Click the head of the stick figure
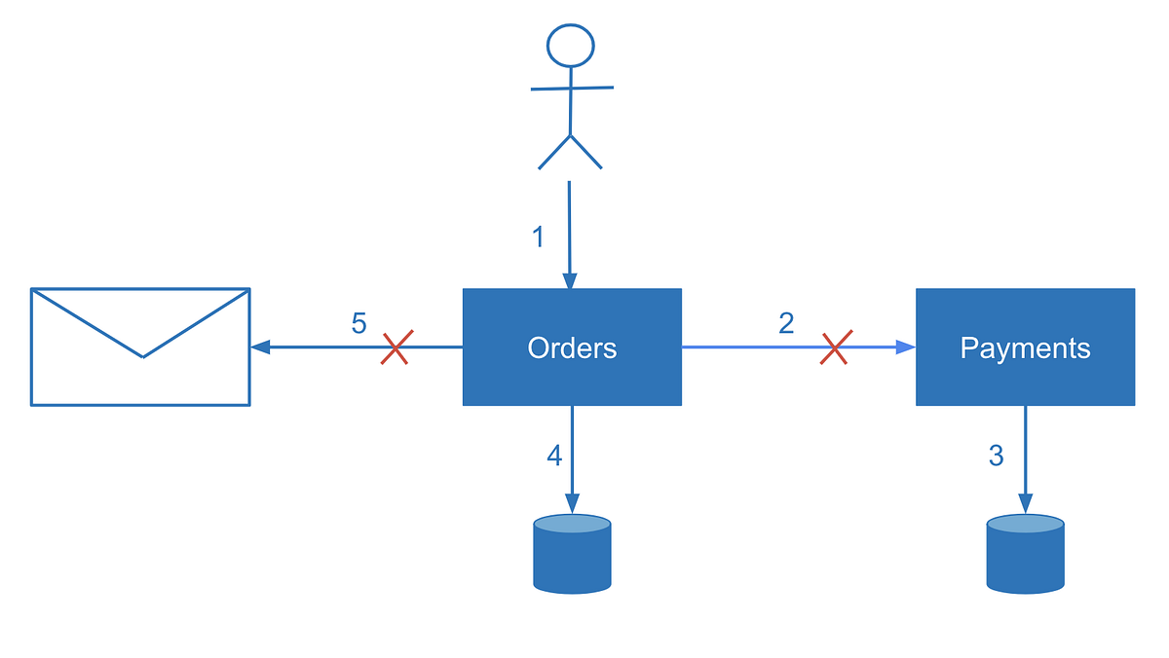coord(570,46)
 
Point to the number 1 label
coord(538,237)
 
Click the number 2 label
coord(786,322)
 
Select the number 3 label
coord(996,456)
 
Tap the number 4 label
coord(554,456)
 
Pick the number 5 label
coord(358,323)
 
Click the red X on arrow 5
coord(395,347)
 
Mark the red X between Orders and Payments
coord(836,347)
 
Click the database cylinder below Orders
coord(572,554)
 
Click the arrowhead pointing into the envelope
coord(260,347)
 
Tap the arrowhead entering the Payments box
coord(906,347)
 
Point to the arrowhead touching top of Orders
coord(570,280)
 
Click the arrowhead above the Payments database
coord(1025,503)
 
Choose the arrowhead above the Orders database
coord(572,503)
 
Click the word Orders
coord(572,347)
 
